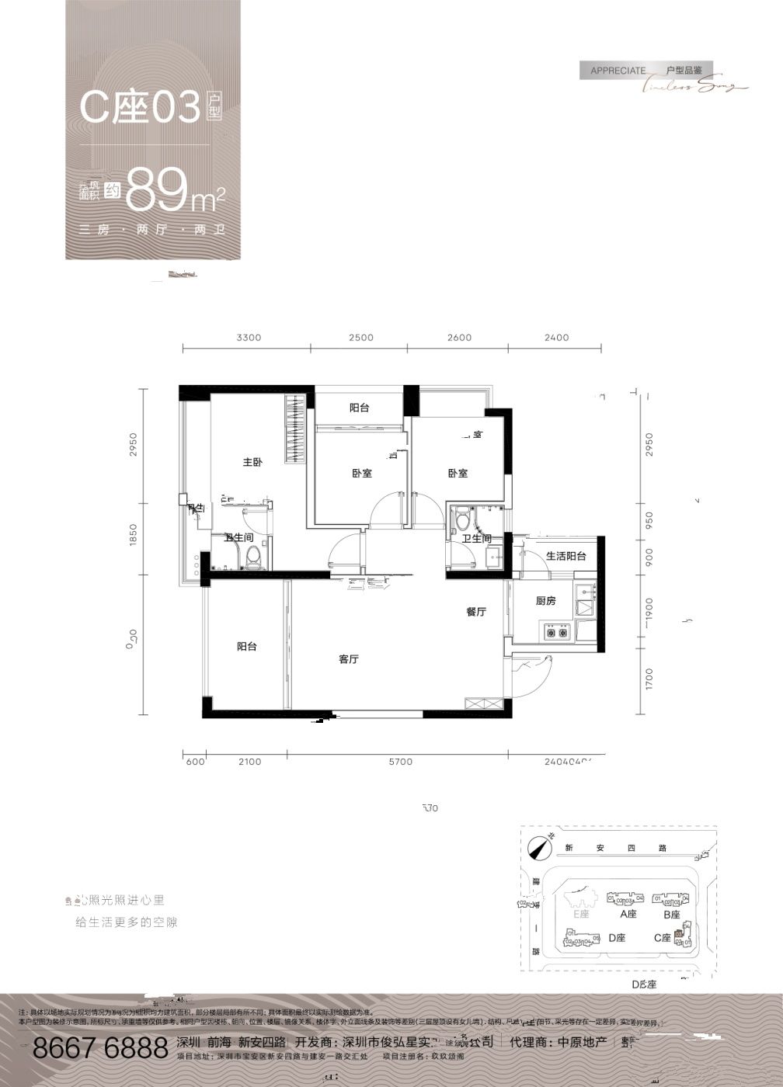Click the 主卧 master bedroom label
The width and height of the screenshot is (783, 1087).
pos(252,463)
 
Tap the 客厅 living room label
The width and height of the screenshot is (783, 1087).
pos(349,659)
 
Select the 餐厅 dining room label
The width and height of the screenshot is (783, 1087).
pos(476,612)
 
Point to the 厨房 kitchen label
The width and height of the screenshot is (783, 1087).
pos(546,601)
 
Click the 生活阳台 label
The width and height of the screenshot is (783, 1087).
pos(565,556)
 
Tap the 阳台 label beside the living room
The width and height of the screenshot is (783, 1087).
pos(247,646)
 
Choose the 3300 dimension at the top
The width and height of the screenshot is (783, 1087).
pos(249,338)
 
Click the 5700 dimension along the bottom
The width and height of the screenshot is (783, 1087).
pos(400,762)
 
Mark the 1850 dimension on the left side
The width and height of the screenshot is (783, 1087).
pos(134,536)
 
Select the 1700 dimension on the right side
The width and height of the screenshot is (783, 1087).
pos(649,680)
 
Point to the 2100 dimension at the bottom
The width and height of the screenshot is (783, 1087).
pos(250,762)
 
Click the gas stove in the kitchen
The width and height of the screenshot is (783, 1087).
pos(557,634)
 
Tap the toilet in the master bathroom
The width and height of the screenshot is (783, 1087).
pos(252,555)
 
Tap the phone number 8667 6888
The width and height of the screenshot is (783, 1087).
pos(100,1047)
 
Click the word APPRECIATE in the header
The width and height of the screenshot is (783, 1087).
pos(618,71)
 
